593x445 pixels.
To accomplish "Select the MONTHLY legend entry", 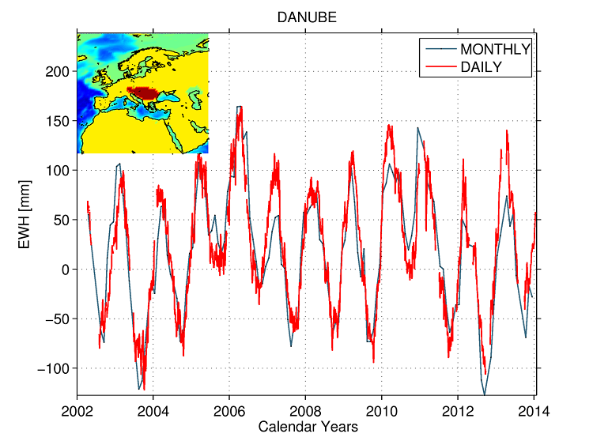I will (495, 49).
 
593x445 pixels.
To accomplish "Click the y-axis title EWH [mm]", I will (26, 213).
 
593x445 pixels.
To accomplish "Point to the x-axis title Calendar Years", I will (308, 427).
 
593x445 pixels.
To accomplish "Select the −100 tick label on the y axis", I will (53, 368).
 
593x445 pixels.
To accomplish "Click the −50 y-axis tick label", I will (56, 319).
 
